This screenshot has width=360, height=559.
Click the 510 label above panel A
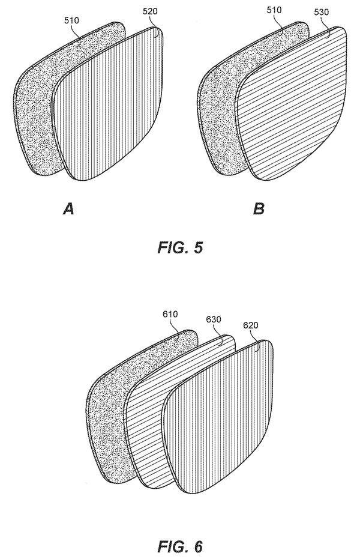(x=71, y=20)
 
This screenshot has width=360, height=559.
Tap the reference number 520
(x=150, y=11)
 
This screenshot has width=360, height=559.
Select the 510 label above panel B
(x=274, y=10)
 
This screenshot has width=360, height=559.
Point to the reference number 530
(x=322, y=12)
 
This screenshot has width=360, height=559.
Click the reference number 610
(x=170, y=314)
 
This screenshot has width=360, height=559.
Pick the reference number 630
(x=214, y=319)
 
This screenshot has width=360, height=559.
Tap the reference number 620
(x=251, y=325)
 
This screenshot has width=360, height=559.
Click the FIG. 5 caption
(x=180, y=247)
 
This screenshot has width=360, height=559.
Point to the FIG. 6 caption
(x=180, y=546)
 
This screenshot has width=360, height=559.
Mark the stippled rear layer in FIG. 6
(x=107, y=428)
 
